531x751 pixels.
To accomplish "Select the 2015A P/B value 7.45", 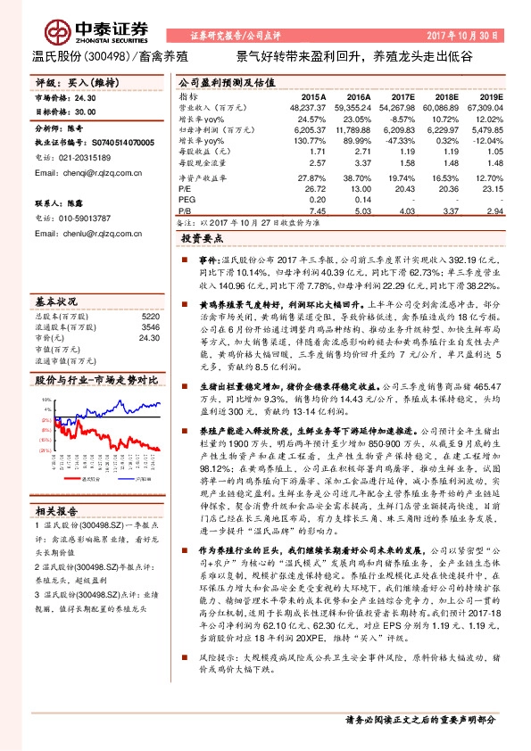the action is pos(317,211).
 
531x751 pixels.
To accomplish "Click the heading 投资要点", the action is pos(202,240).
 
